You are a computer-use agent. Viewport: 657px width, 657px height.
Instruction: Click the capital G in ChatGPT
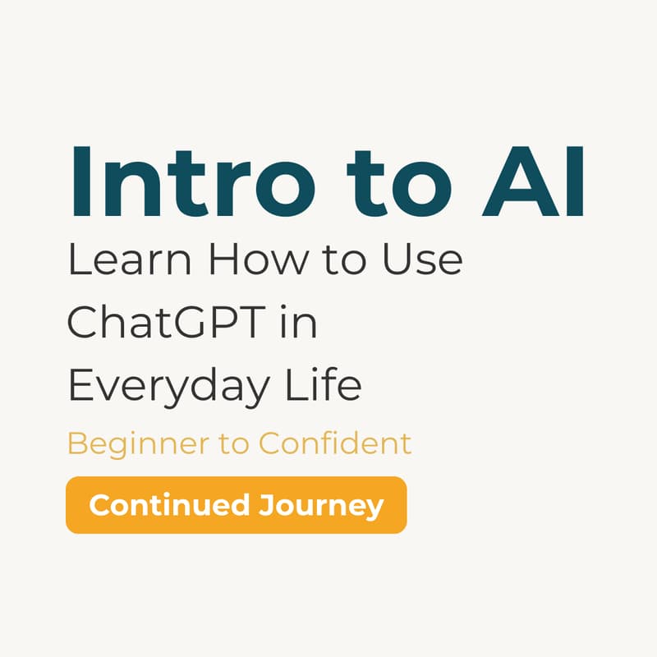(x=196, y=323)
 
